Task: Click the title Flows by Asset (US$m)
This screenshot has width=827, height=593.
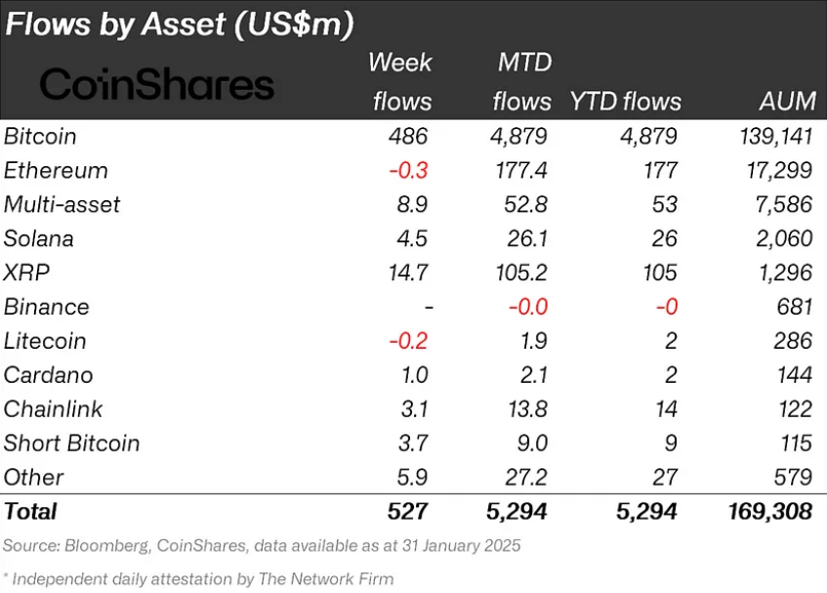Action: tap(180, 23)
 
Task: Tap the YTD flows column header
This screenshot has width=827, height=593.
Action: tap(625, 102)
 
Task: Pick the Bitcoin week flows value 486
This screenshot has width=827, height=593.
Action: tap(408, 136)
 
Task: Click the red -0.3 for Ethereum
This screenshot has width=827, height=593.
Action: tap(408, 170)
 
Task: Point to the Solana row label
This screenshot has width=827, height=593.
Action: tap(39, 238)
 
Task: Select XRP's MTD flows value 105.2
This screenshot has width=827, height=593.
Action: tap(519, 273)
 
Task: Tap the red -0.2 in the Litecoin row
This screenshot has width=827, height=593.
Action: tap(408, 341)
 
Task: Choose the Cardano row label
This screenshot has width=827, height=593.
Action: tap(49, 375)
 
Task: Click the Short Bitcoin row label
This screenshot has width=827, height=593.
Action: tap(72, 444)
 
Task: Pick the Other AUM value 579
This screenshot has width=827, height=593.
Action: tap(793, 478)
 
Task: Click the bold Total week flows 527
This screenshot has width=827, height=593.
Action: tap(408, 512)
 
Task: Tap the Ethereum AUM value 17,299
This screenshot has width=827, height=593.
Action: tap(778, 170)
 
